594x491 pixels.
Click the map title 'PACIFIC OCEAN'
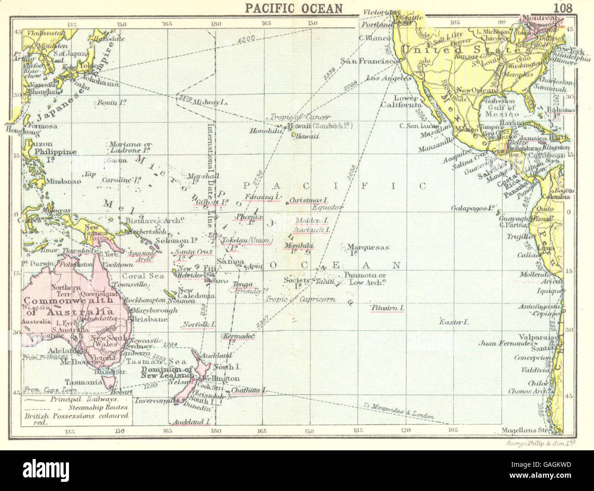(293, 8)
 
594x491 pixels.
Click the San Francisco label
(367, 61)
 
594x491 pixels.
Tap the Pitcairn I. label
(387, 308)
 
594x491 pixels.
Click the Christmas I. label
(309, 200)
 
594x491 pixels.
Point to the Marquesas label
(368, 247)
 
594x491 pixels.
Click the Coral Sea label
(143, 276)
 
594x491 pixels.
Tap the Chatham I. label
(248, 391)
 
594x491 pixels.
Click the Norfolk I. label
(198, 325)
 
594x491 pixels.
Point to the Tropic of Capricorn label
(300, 299)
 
